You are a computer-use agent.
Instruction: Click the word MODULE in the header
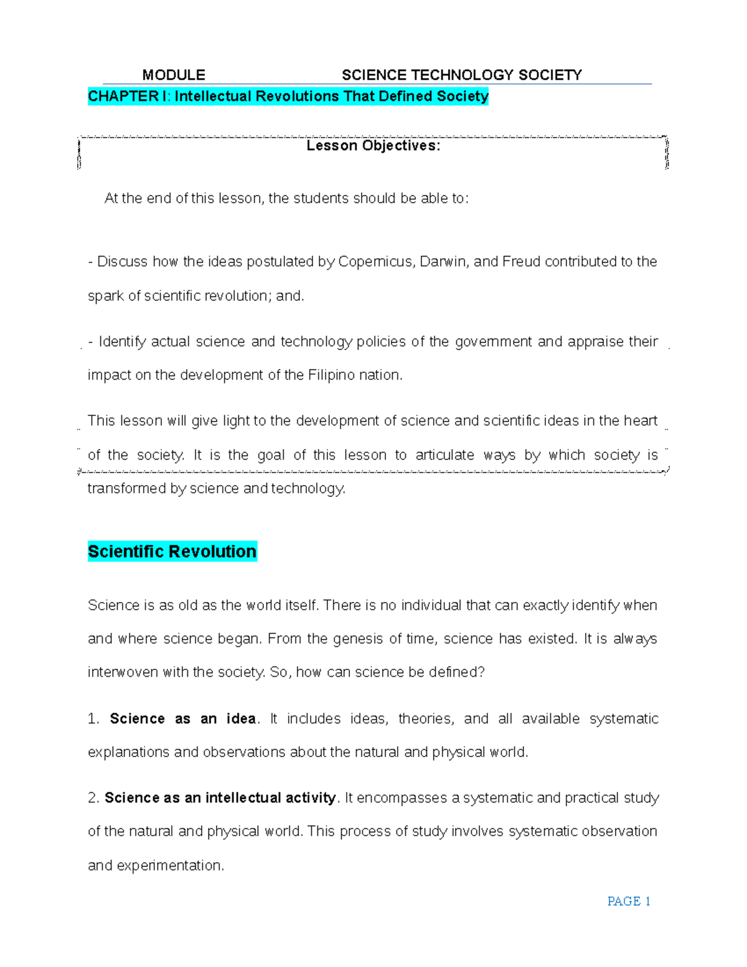[174, 75]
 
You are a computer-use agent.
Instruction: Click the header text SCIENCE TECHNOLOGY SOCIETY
[461, 75]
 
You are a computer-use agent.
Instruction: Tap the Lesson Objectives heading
[373, 146]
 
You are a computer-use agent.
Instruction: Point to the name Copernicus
[375, 262]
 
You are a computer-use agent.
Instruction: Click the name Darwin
[443, 262]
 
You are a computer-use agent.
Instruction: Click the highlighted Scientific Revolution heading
[172, 552]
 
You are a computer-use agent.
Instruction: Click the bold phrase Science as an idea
[182, 719]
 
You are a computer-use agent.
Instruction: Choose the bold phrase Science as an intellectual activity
[220, 798]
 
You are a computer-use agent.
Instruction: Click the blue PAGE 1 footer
[628, 902]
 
